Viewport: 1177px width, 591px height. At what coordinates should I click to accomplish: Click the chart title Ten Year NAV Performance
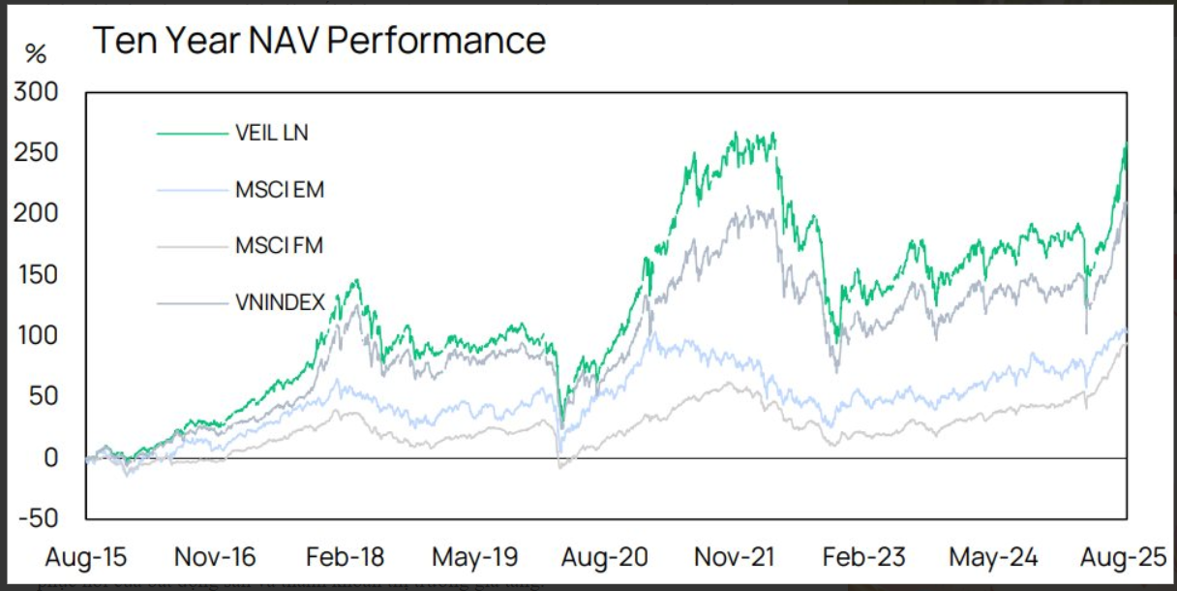[x=318, y=41]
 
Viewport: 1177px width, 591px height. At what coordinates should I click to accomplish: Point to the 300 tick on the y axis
[x=37, y=93]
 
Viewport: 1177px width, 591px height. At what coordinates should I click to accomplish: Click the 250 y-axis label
[x=37, y=153]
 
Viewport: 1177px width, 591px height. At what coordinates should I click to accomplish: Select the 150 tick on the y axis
[x=37, y=275]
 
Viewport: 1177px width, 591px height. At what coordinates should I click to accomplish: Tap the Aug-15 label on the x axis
[x=85, y=557]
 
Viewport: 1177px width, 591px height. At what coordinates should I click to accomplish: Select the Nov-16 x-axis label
[x=214, y=557]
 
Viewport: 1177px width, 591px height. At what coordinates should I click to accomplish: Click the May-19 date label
[x=474, y=557]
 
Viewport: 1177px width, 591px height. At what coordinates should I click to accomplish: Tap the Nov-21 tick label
[x=735, y=557]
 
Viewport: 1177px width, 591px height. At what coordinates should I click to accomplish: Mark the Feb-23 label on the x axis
[x=862, y=557]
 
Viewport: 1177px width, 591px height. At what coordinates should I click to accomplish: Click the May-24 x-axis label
[x=993, y=557]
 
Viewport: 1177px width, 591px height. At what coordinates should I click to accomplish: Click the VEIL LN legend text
[x=272, y=134]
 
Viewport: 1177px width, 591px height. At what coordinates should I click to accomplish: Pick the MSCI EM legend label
[x=280, y=190]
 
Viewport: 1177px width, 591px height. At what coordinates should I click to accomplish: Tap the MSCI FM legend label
[x=279, y=246]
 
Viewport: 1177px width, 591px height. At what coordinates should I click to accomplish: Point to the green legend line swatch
[x=192, y=134]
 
